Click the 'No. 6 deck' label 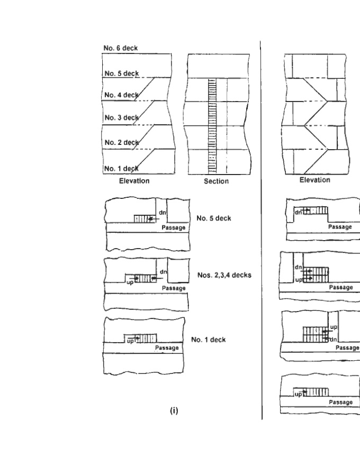[x=120, y=48]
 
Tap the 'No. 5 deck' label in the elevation [x=121, y=73]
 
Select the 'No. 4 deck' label [x=121, y=95]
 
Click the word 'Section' [x=216, y=181]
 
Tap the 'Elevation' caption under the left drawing [x=133, y=180]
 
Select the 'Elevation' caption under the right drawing [x=314, y=180]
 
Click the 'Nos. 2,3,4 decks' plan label [x=223, y=274]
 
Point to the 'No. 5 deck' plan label [x=214, y=218]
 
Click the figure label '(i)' [x=173, y=410]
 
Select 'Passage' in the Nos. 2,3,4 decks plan [x=173, y=288]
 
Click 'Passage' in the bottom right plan [x=341, y=402]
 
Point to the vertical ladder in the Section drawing [x=212, y=127]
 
